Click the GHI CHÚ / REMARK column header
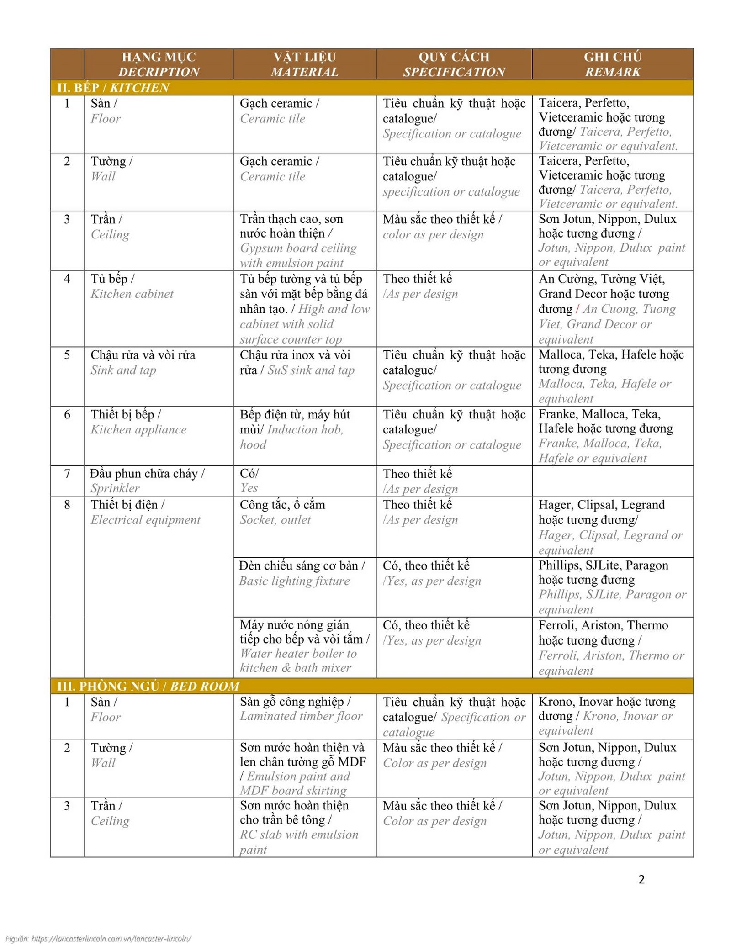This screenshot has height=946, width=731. [612, 64]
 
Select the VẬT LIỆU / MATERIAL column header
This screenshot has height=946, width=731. [304, 64]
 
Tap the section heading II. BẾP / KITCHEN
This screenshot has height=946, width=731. [113, 87]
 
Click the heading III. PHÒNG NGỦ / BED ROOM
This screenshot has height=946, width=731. [148, 686]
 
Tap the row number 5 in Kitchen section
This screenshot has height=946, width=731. [67, 355]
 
